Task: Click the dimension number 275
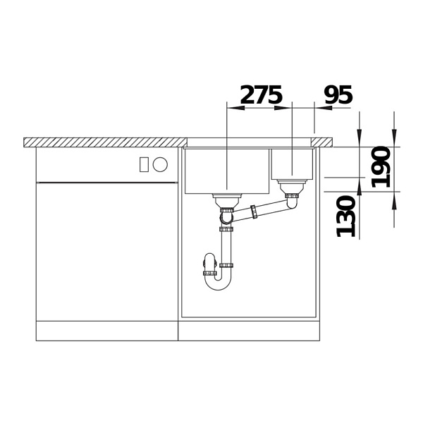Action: pos(261,94)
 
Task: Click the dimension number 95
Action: pos(338,94)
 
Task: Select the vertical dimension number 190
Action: pos(381,166)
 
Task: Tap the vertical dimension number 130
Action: pos(346,216)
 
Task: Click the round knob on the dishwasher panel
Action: pos(160,164)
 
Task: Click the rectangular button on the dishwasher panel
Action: pos(144,164)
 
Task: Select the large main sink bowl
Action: pos(227,171)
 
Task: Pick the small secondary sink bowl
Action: pos(292,164)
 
